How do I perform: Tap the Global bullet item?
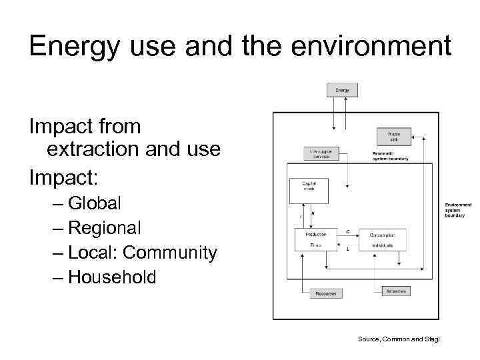click(x=94, y=203)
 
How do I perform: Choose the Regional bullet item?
click(x=104, y=228)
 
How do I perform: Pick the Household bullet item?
click(x=112, y=277)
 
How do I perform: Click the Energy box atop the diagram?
click(x=342, y=89)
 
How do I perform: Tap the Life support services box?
click(x=321, y=154)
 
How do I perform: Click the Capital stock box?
click(x=309, y=190)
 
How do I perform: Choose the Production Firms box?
click(x=316, y=240)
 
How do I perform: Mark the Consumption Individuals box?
click(x=382, y=240)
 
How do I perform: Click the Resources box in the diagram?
click(x=325, y=293)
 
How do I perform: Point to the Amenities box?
click(x=395, y=291)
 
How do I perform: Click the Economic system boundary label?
click(x=390, y=156)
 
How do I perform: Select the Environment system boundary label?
click(x=459, y=210)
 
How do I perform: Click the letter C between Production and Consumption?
click(x=348, y=231)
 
